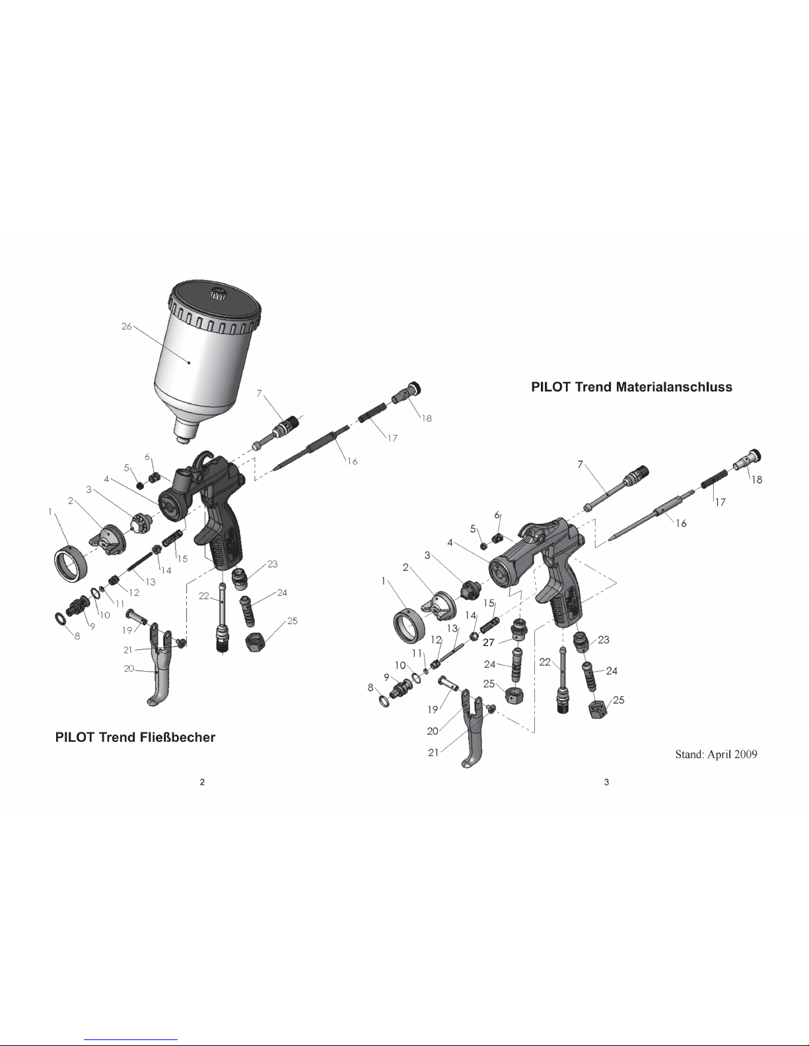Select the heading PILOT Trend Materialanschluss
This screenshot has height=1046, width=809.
(631, 387)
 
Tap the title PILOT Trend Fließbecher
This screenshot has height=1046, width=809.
(135, 737)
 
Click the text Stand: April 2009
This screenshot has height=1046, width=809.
(716, 754)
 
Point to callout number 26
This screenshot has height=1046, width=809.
(127, 327)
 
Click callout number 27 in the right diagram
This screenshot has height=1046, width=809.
(488, 642)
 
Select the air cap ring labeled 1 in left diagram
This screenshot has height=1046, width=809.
(71, 563)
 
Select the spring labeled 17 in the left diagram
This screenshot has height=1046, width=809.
(372, 412)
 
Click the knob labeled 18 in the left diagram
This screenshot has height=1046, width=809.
(406, 392)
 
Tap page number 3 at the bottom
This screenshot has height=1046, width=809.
(606, 782)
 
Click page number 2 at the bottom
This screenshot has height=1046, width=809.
(202, 782)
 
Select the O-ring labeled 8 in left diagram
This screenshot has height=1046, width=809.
(61, 618)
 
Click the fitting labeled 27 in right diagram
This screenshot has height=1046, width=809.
(519, 629)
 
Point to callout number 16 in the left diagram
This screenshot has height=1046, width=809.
(353, 461)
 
